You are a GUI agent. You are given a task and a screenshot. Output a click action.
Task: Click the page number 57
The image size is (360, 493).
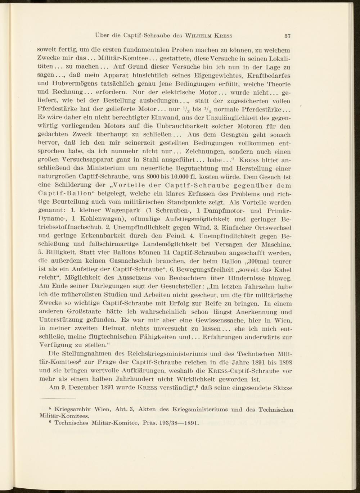(287, 36)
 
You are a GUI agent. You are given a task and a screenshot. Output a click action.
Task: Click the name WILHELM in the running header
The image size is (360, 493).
(199, 36)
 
